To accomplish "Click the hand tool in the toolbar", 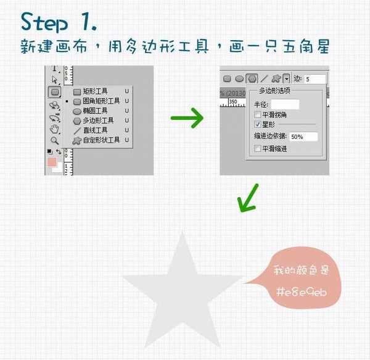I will [x=55, y=128].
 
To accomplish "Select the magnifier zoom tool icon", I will [x=55, y=140].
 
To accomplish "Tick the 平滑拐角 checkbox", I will [x=258, y=115].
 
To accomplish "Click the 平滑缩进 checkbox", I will [x=258, y=148].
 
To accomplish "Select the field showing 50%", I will [x=303, y=136].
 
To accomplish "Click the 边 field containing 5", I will [x=315, y=79].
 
